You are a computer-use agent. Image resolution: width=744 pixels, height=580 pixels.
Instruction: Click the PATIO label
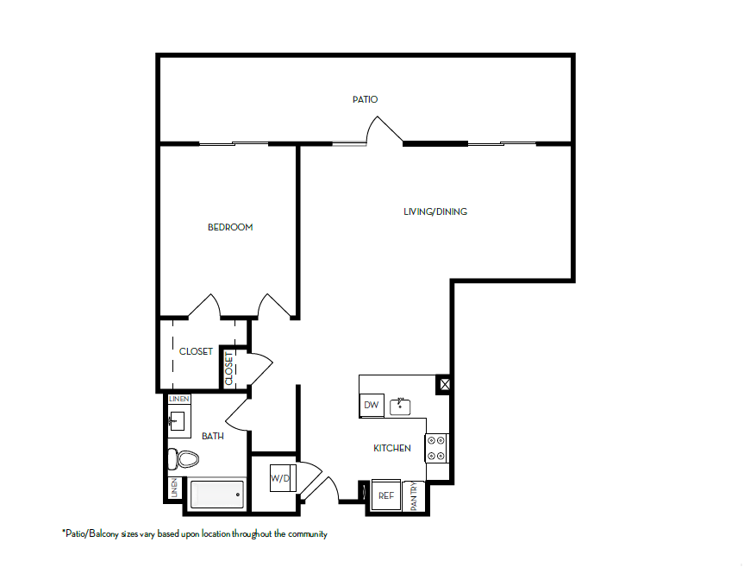(365, 99)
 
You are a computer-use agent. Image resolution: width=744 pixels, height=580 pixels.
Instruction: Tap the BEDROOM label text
(230, 227)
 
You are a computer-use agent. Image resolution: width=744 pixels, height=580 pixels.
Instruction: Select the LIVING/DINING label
(435, 211)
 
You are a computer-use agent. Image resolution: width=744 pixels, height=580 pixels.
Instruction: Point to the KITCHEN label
(391, 448)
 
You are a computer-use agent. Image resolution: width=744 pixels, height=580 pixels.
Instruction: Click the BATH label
(212, 436)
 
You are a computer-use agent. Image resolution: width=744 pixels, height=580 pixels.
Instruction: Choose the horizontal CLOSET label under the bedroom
(196, 351)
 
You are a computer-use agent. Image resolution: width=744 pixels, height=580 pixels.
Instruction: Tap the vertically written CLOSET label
(229, 369)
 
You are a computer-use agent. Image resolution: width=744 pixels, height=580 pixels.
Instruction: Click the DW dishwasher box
(372, 405)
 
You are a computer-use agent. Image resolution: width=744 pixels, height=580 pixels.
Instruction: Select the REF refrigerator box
(385, 495)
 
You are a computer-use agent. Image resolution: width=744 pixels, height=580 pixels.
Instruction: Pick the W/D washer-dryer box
(280, 477)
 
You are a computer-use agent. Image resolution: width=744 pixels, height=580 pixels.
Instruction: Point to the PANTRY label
(414, 497)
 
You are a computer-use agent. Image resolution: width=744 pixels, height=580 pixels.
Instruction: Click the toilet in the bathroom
(182, 458)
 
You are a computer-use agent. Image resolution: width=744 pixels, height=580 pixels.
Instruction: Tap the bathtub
(216, 495)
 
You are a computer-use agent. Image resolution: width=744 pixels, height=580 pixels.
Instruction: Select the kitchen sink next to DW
(402, 404)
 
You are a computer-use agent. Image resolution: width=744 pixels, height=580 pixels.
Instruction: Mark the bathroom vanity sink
(178, 422)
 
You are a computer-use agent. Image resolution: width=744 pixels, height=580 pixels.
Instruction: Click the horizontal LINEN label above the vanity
(178, 399)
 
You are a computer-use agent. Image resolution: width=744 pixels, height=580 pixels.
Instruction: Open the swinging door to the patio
(385, 131)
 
